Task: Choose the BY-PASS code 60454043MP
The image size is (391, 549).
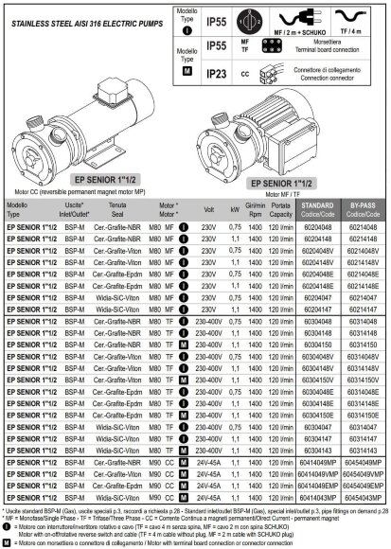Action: [x=364, y=496]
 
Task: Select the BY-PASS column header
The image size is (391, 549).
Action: [x=364, y=208]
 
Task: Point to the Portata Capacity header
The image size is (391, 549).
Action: [x=280, y=208]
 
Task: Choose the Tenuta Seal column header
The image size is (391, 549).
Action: [x=118, y=208]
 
